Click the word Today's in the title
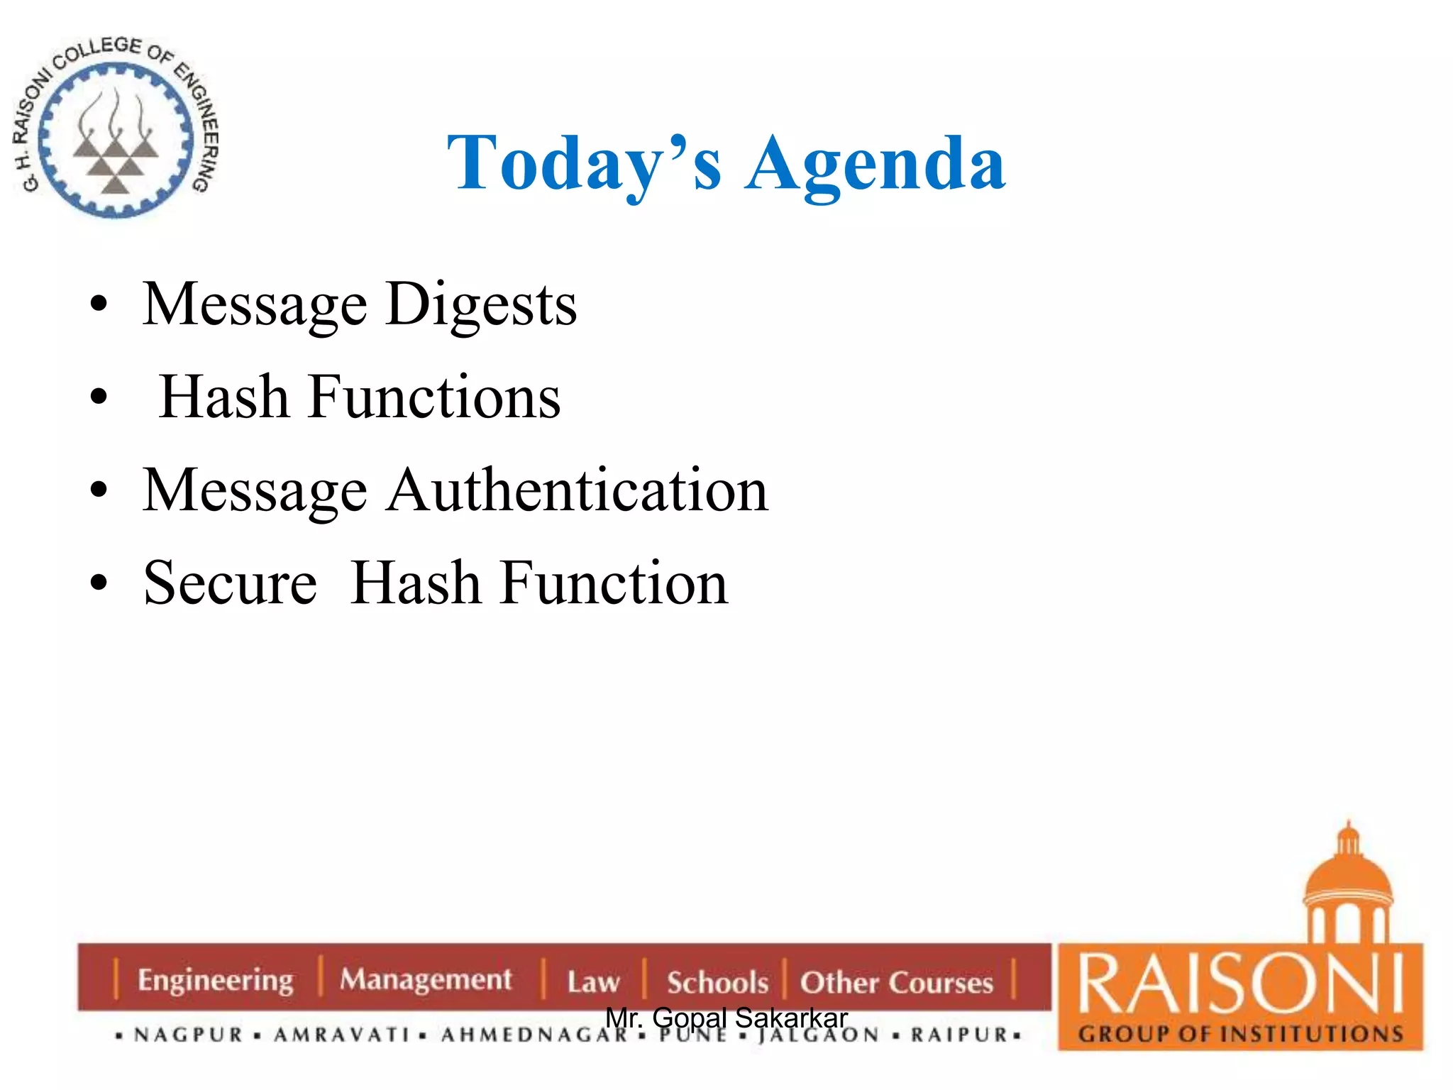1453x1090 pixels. click(x=583, y=165)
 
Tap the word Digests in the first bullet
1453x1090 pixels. click(x=481, y=305)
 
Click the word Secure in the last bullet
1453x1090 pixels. click(x=230, y=583)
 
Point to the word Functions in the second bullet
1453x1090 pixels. click(x=433, y=397)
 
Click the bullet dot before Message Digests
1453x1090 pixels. click(x=99, y=305)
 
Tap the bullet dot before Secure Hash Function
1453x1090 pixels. click(x=99, y=583)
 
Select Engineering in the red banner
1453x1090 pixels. click(x=215, y=980)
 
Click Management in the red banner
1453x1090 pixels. click(x=425, y=979)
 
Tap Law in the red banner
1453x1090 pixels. click(x=593, y=982)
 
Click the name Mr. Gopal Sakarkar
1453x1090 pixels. click(x=726, y=1018)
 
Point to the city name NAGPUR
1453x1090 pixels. click(x=189, y=1035)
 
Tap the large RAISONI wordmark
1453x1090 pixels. click(x=1240, y=984)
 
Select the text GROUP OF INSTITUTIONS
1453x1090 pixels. click(x=1240, y=1034)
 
